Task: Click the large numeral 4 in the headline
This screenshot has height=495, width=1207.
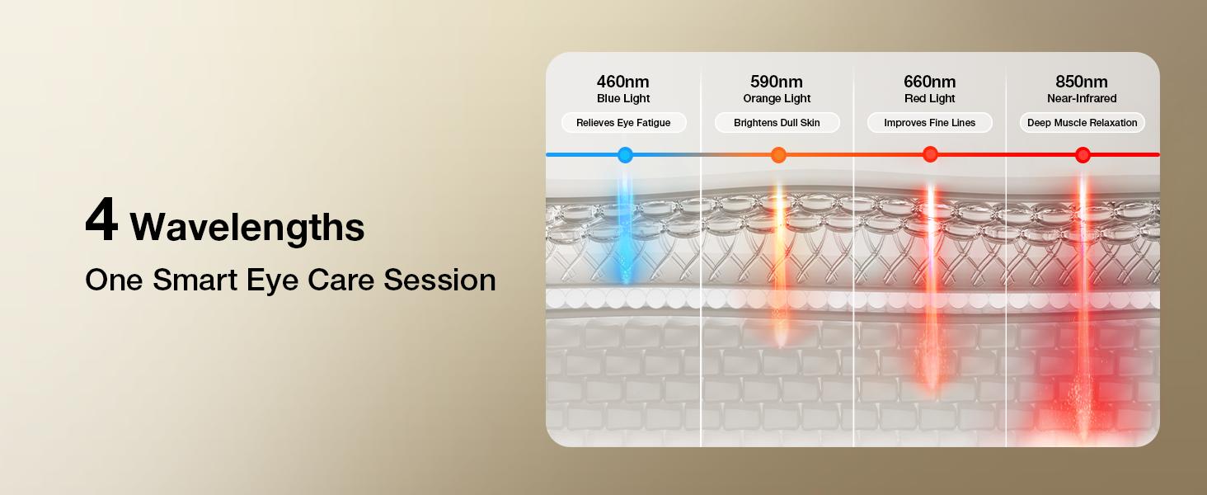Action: [101, 219]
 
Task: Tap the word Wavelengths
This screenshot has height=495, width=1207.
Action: [247, 228]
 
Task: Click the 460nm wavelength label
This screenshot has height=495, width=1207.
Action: [623, 82]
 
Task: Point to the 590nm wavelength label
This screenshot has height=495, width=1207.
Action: [777, 82]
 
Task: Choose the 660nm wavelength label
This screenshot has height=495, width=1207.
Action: [929, 82]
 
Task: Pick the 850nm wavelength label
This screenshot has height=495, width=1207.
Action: [1082, 82]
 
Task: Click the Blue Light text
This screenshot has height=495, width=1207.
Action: [623, 98]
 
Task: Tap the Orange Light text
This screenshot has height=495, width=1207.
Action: [777, 98]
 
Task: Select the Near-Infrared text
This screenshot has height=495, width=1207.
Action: [1082, 98]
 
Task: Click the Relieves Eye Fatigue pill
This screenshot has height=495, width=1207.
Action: [623, 122]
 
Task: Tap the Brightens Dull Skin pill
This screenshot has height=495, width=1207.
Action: [777, 122]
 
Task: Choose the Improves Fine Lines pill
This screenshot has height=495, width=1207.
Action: [929, 122]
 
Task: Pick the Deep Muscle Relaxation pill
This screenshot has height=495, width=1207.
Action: [1082, 122]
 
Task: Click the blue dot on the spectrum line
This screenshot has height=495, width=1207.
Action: [625, 155]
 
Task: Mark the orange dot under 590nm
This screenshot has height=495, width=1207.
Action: [778, 155]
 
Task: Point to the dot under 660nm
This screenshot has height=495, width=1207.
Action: [930, 154]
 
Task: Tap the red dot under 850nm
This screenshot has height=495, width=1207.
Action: [1083, 155]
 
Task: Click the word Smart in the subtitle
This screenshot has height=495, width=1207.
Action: [195, 280]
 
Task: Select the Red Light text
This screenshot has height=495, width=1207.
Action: [929, 98]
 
